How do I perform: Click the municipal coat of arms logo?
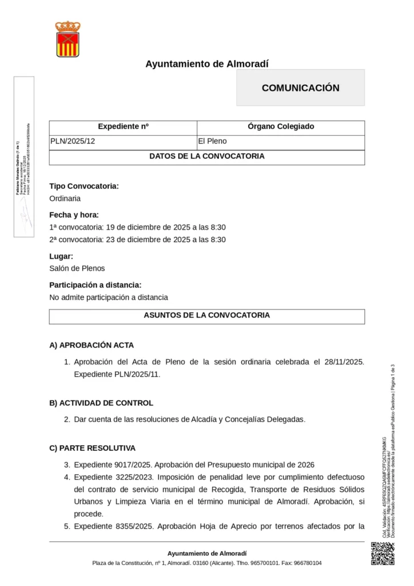(67, 39)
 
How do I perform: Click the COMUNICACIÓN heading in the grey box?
(300, 88)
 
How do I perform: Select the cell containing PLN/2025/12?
(73, 141)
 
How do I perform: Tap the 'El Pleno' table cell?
(212, 141)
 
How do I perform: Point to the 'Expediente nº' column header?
(123, 126)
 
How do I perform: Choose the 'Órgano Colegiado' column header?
(281, 126)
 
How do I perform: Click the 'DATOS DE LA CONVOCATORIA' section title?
(206, 156)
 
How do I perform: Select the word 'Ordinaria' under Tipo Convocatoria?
(65, 199)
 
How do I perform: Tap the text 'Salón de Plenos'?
(77, 268)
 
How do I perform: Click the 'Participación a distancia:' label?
(95, 285)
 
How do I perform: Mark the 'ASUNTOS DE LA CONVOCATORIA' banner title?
(206, 315)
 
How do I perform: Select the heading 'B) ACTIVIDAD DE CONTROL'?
(101, 403)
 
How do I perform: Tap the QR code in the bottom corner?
(383, 554)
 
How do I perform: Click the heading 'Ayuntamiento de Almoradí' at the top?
(206, 64)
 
